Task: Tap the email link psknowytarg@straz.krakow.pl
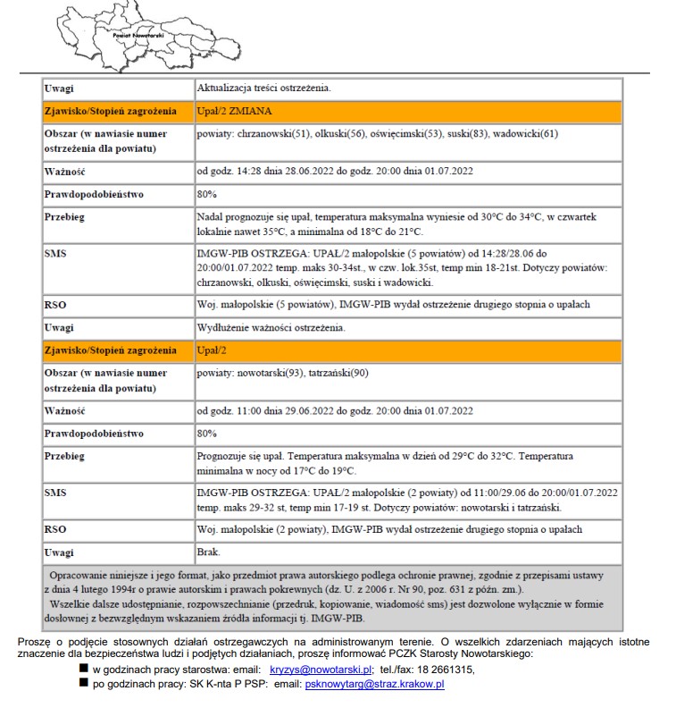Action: [374, 684]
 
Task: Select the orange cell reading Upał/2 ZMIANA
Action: [407, 112]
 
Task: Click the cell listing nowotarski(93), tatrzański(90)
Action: [407, 380]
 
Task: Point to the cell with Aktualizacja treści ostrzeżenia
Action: [407, 88]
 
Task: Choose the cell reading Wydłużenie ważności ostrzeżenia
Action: [407, 327]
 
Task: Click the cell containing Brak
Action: [407, 552]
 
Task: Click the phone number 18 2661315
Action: [443, 669]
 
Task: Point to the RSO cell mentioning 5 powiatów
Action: [407, 305]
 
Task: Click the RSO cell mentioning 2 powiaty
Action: [407, 529]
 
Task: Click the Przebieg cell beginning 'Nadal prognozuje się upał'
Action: [407, 223]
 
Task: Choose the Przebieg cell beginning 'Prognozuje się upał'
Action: [407, 462]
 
